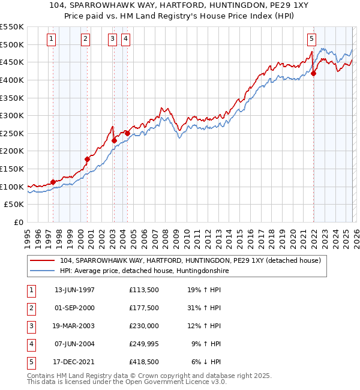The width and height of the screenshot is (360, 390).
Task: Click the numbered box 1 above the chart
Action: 52,40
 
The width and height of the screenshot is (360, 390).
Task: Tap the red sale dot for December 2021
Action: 313,74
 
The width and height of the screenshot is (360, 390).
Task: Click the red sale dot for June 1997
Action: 53,182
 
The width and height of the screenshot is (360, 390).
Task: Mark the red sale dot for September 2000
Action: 87,159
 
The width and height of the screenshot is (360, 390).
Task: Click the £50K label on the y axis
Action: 14,205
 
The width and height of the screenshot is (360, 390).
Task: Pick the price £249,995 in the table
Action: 143,344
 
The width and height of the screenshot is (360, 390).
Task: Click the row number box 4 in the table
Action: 31,344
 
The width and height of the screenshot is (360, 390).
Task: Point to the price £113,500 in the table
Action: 143,290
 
